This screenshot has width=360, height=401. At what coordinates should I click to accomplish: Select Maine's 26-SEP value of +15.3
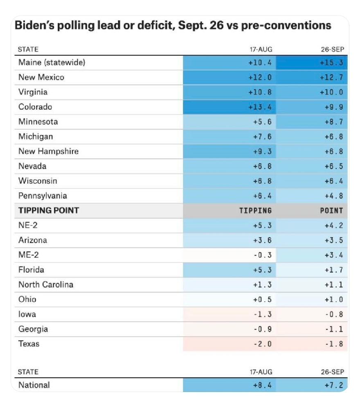pyautogui.click(x=331, y=63)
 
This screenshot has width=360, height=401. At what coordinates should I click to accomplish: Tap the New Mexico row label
pyautogui.click(x=41, y=77)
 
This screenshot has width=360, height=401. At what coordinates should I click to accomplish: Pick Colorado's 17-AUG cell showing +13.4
pyautogui.click(x=260, y=107)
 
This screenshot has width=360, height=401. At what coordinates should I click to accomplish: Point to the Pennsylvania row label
pyautogui.click(x=43, y=196)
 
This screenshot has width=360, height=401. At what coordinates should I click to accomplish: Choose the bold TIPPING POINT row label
pyautogui.click(x=49, y=211)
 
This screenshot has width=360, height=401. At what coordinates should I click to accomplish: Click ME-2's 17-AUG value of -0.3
pyautogui.click(x=262, y=255)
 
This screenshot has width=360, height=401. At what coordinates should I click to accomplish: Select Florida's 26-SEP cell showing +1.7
pyautogui.click(x=333, y=270)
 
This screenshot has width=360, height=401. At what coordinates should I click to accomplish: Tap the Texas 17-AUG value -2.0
pyautogui.click(x=262, y=344)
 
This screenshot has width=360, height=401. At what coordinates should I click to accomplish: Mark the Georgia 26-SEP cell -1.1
pyautogui.click(x=333, y=329)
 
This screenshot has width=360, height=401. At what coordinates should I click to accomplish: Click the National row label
pyautogui.click(x=34, y=385)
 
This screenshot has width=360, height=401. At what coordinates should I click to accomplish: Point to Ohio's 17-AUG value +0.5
pyautogui.click(x=262, y=300)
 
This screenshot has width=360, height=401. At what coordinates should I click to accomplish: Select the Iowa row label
pyautogui.click(x=27, y=314)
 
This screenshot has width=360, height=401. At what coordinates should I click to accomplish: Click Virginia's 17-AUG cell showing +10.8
pyautogui.click(x=260, y=92)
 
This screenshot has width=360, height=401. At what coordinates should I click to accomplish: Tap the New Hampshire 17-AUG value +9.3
pyautogui.click(x=262, y=151)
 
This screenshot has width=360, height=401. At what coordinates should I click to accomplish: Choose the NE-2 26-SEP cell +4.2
pyautogui.click(x=333, y=225)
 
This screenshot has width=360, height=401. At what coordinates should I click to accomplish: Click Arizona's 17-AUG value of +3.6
pyautogui.click(x=262, y=241)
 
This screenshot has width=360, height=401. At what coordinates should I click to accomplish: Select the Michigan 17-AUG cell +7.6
pyautogui.click(x=262, y=137)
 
